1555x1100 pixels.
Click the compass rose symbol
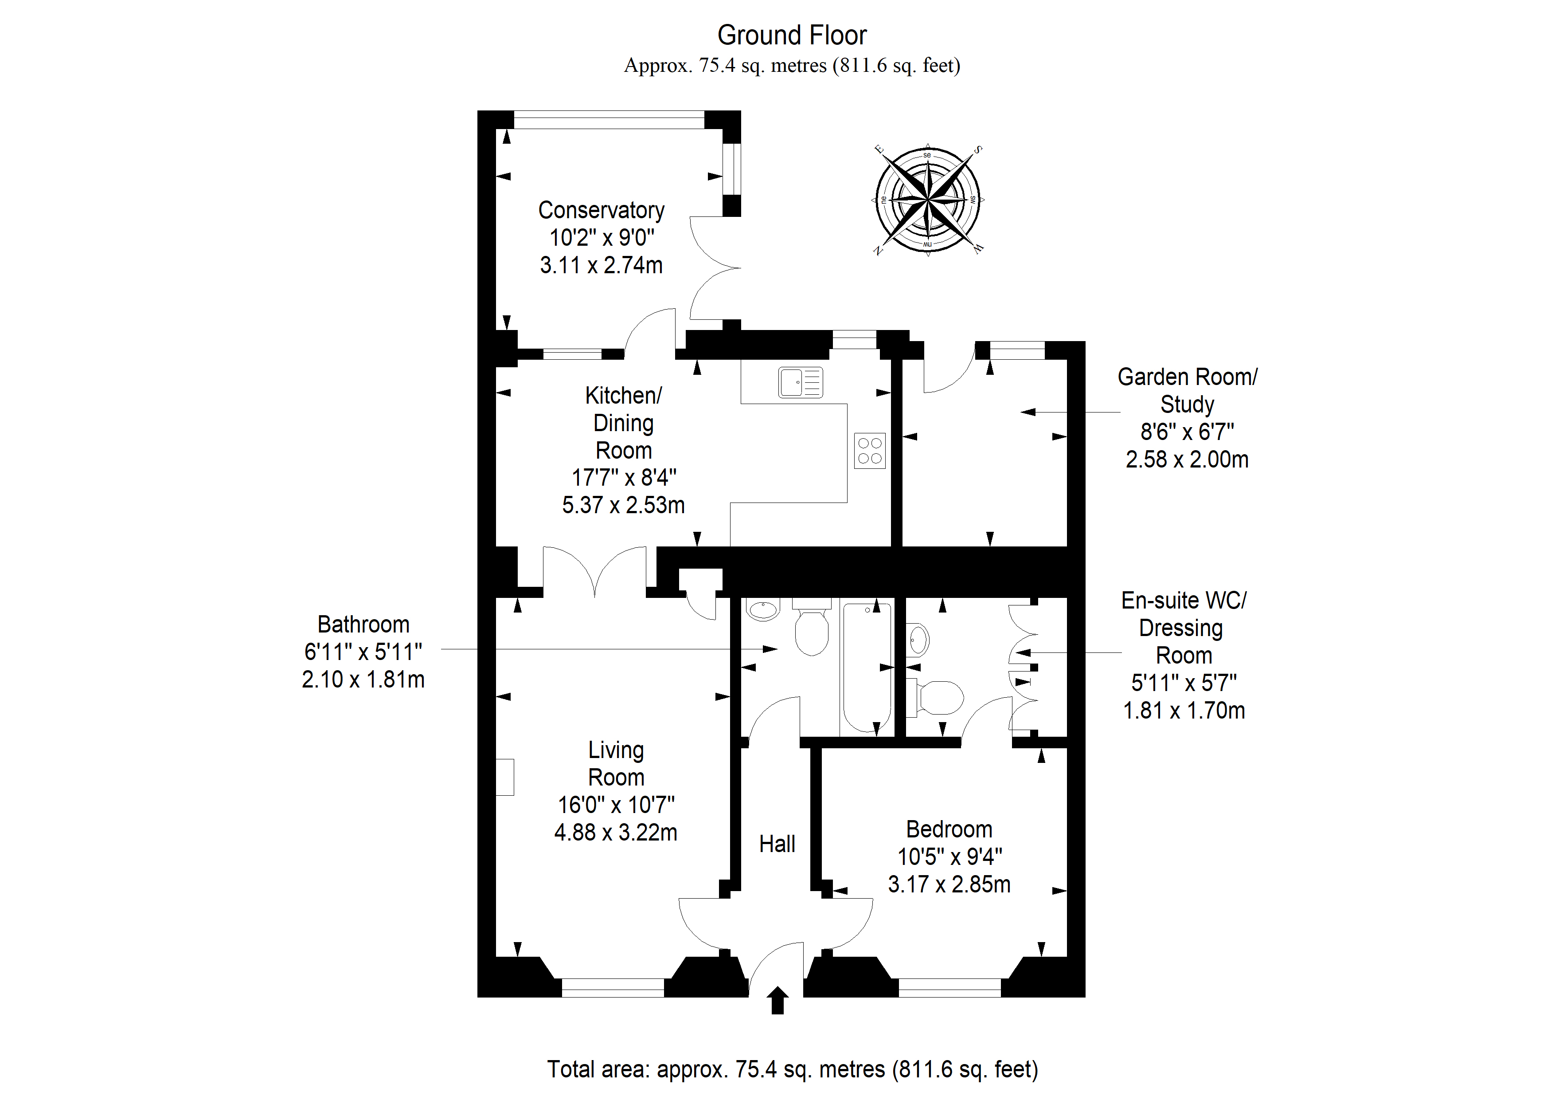pyautogui.click(x=927, y=200)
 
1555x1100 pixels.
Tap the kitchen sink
pyautogui.click(x=801, y=382)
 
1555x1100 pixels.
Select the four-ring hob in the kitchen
pyautogui.click(x=870, y=451)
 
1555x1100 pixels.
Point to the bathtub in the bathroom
pyautogui.click(x=867, y=667)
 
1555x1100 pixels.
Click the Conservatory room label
pyautogui.click(x=602, y=210)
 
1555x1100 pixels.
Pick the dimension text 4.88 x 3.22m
pyautogui.click(x=616, y=832)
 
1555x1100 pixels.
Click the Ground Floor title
pyautogui.click(x=792, y=35)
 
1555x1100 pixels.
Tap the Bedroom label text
pyautogui.click(x=949, y=829)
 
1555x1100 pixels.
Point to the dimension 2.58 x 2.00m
pyautogui.click(x=1187, y=460)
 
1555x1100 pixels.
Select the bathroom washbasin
pyautogui.click(x=763, y=609)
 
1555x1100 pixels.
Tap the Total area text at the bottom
pyautogui.click(x=793, y=1069)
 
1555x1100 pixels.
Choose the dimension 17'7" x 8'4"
pyautogui.click(x=624, y=478)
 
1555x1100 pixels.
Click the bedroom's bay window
pyautogui.click(x=949, y=987)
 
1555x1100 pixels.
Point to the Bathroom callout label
pyautogui.click(x=363, y=624)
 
